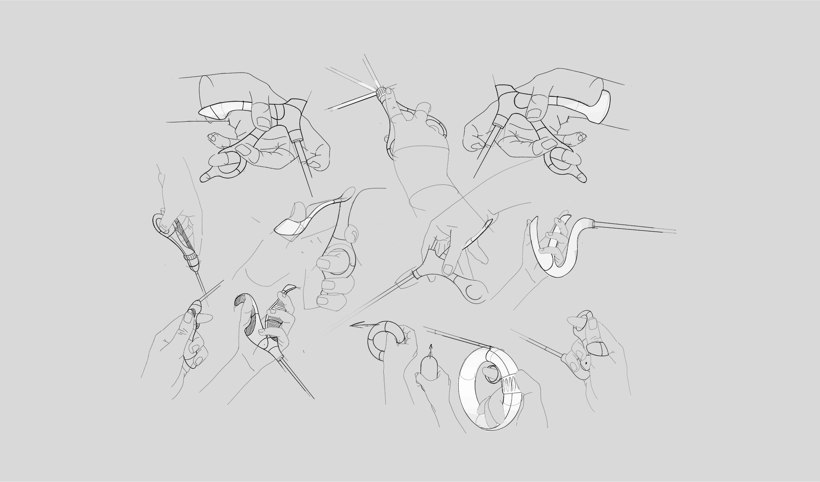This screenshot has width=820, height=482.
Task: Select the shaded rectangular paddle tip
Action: click(x=287, y=227)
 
